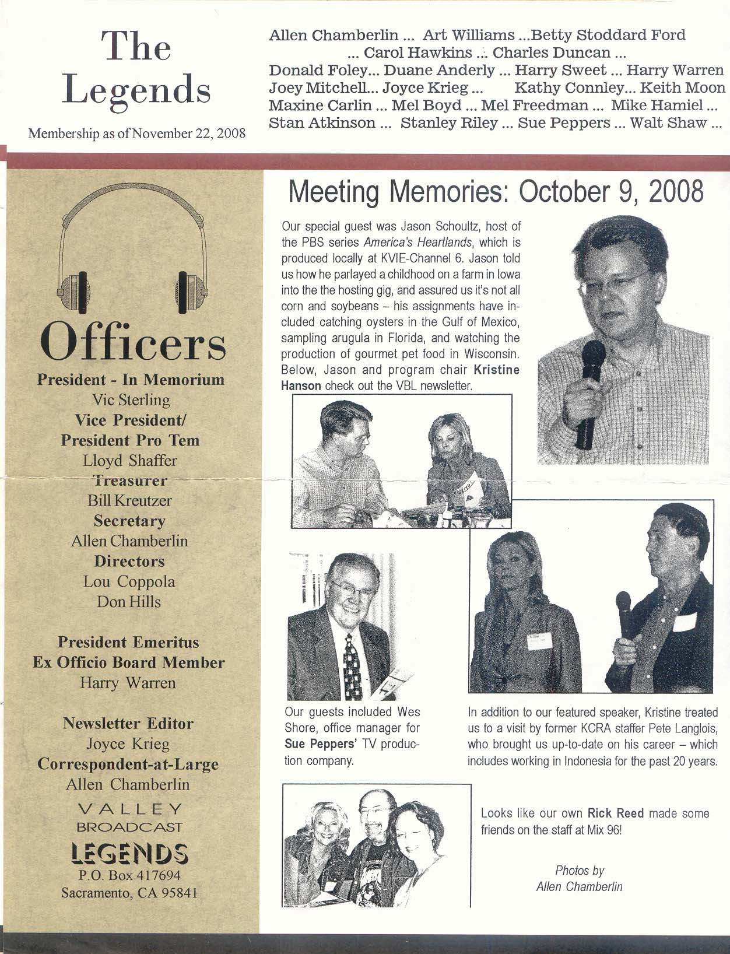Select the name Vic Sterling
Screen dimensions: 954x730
(131, 400)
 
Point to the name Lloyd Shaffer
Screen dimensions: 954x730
(129, 461)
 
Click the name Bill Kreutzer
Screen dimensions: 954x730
(129, 500)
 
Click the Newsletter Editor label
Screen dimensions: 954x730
(128, 724)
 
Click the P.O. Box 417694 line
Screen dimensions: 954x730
(130, 875)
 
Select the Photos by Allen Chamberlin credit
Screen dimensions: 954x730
(579, 879)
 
